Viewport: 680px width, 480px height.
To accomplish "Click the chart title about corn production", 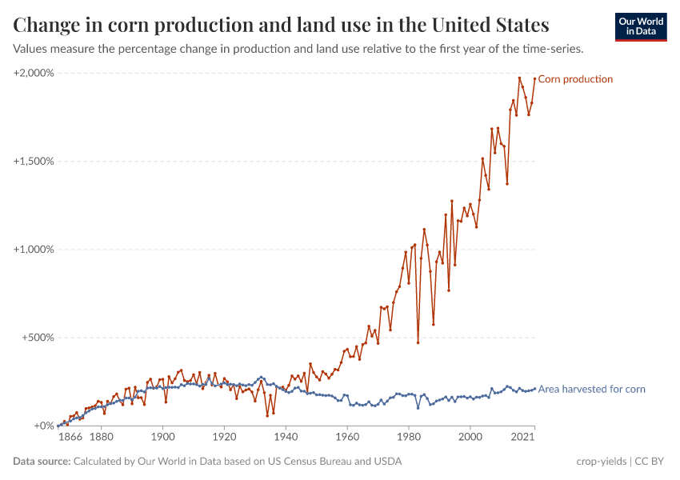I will click(281, 25).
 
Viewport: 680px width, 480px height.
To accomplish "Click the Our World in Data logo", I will click(641, 26).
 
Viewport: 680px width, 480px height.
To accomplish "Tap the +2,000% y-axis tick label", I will click(34, 73).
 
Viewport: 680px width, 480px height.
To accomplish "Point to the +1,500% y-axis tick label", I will click(34, 161).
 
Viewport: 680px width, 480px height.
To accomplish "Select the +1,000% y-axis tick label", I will click(34, 249).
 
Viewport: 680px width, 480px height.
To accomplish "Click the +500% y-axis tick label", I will click(37, 338).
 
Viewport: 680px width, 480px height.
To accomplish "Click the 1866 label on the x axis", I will click(70, 438).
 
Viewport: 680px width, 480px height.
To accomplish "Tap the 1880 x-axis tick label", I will click(101, 438).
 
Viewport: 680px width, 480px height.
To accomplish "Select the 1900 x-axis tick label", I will click(162, 438).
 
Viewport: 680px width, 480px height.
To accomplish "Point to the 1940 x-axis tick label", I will click(286, 438).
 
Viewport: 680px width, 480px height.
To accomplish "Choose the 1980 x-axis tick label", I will click(409, 438).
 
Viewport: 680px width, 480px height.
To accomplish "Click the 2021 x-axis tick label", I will click(523, 438).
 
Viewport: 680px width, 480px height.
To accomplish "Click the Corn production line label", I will click(575, 79).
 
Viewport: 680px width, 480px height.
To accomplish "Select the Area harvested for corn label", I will click(591, 390).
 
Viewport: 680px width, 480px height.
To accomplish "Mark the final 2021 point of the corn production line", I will click(534, 78).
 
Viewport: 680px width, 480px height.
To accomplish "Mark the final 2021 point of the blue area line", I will click(534, 389).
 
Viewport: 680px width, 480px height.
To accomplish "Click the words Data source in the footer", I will click(42, 462).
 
